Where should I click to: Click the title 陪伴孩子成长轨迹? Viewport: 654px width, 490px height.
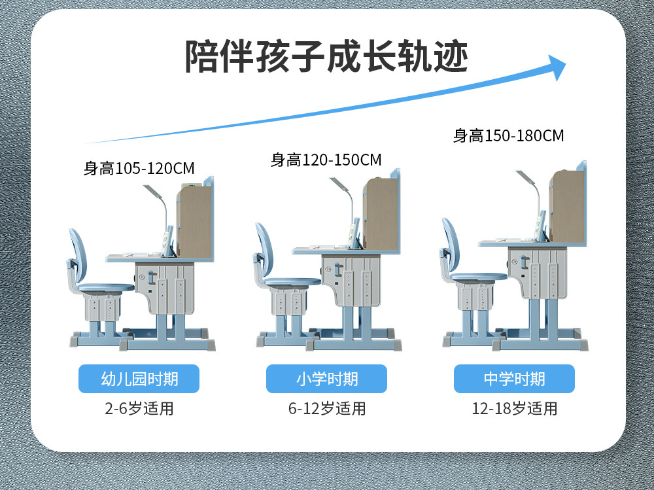(x=326, y=57)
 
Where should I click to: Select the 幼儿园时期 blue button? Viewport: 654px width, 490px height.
(x=139, y=379)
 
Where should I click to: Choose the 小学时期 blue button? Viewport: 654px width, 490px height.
(x=326, y=379)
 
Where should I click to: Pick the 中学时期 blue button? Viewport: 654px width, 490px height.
(x=514, y=379)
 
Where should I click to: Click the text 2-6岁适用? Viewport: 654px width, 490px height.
(x=139, y=410)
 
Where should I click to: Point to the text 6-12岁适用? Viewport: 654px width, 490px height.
(x=326, y=410)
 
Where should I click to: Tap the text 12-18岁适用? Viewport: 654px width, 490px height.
(x=514, y=410)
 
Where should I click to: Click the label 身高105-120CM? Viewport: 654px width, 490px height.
(x=139, y=168)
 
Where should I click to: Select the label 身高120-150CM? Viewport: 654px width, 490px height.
(x=326, y=160)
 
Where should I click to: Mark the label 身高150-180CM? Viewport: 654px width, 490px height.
(x=508, y=136)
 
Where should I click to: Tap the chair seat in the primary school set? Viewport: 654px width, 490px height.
(x=292, y=282)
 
